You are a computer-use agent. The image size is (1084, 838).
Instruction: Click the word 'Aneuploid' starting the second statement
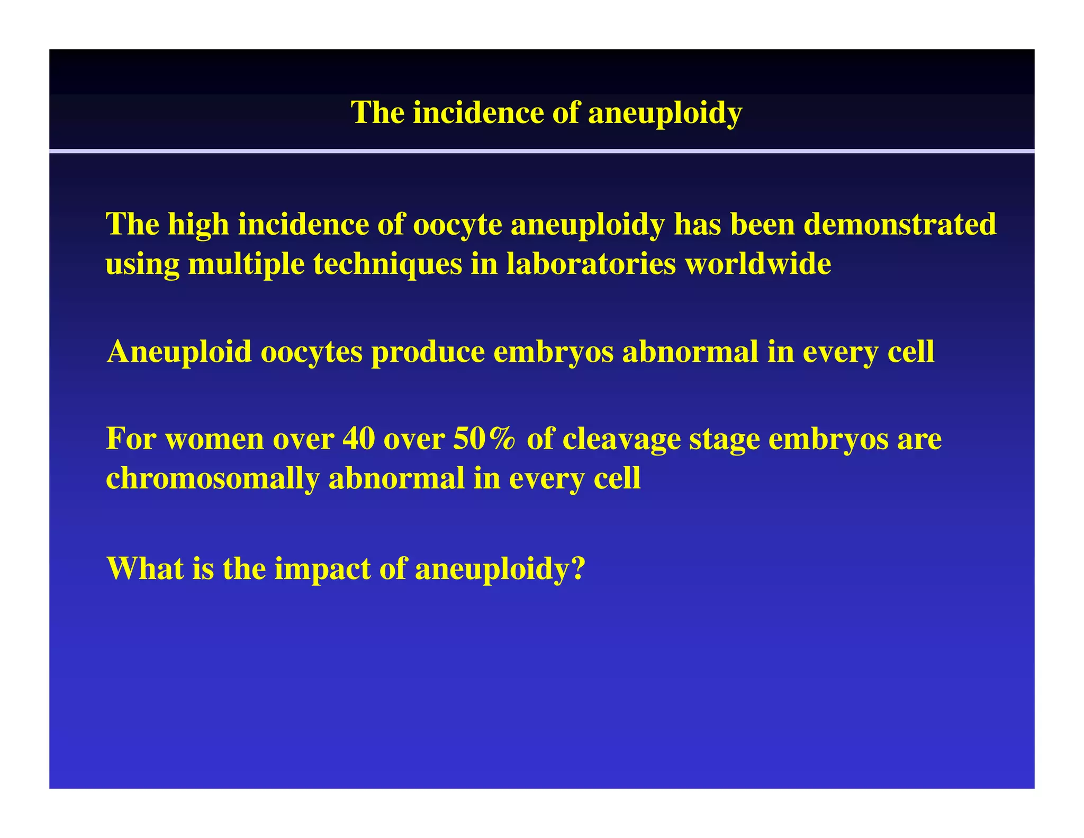tap(179, 352)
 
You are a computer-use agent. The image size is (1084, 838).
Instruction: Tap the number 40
tap(358, 439)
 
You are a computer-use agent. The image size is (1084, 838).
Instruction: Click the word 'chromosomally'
tap(212, 479)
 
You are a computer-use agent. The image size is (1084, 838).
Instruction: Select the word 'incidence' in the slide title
tap(478, 112)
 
